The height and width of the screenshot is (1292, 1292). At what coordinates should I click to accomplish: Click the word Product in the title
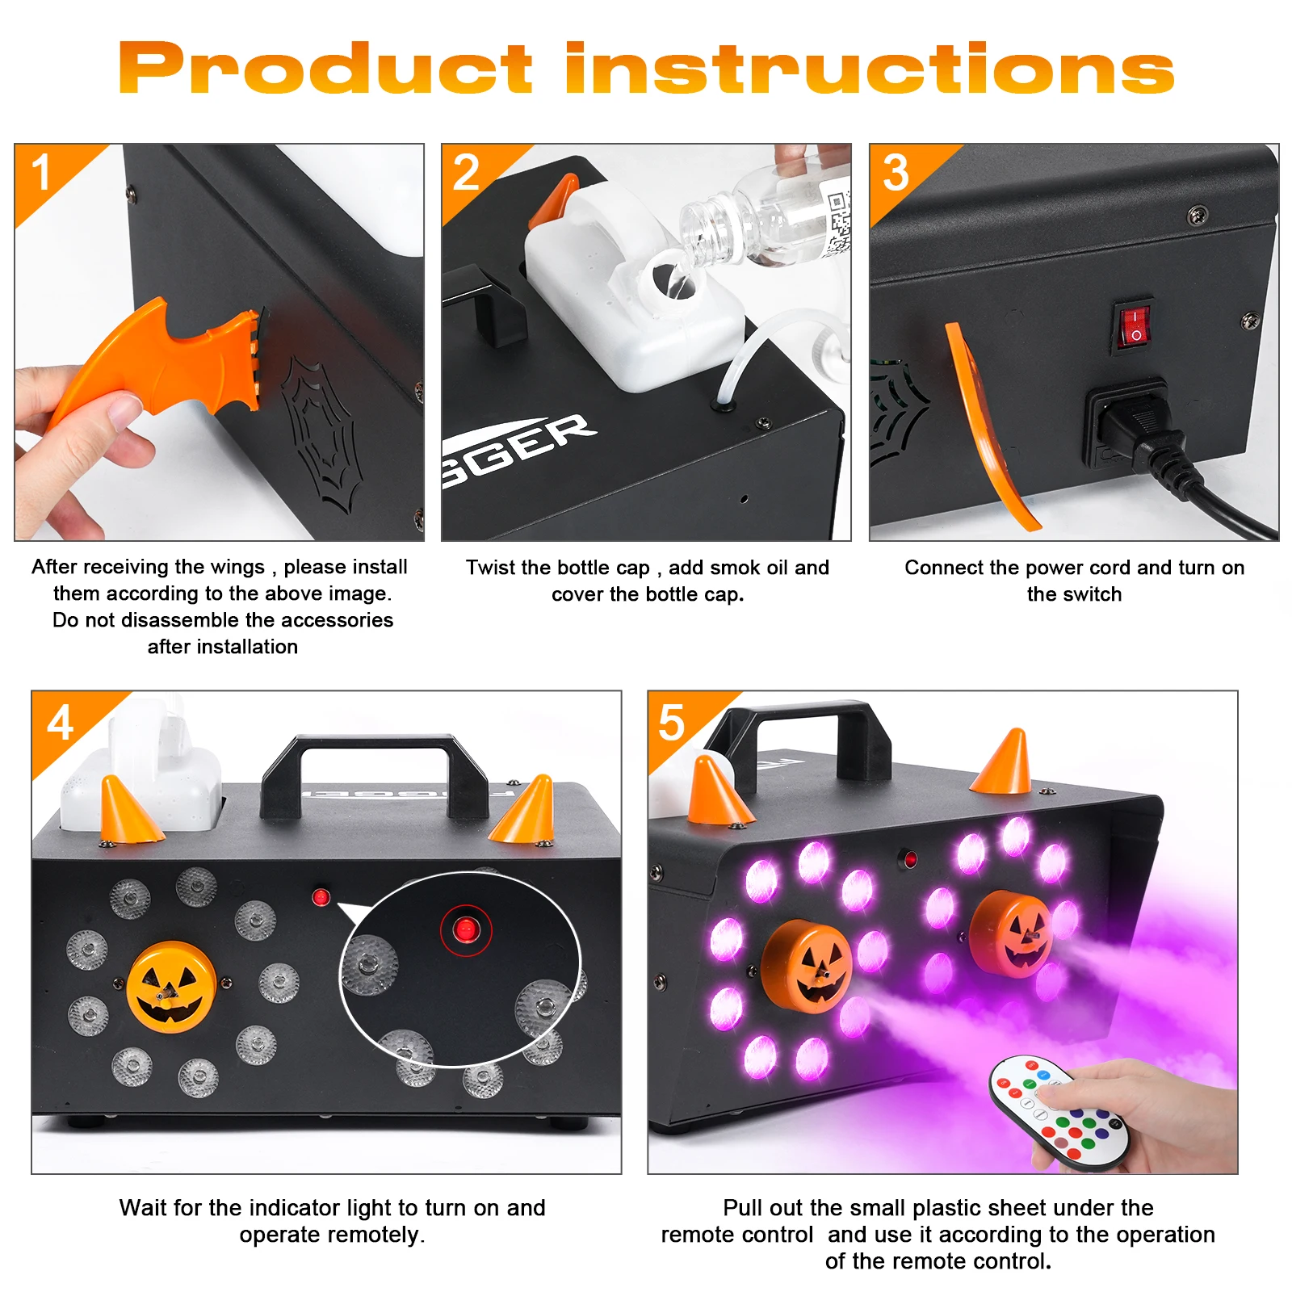325,69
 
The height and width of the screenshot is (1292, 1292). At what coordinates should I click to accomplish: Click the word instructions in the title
869,69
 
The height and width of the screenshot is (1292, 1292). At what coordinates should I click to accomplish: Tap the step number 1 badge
41,173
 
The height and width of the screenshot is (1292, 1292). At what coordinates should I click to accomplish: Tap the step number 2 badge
466,173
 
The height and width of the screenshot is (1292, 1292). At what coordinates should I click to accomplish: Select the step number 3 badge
896,173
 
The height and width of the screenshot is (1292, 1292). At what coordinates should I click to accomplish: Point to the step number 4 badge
61,723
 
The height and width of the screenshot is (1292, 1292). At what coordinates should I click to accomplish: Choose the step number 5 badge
672,723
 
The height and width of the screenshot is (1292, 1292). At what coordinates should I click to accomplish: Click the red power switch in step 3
1134,325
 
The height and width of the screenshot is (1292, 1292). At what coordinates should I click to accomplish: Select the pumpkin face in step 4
171,987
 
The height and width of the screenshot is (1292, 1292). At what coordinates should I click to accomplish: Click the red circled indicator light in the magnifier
465,930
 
